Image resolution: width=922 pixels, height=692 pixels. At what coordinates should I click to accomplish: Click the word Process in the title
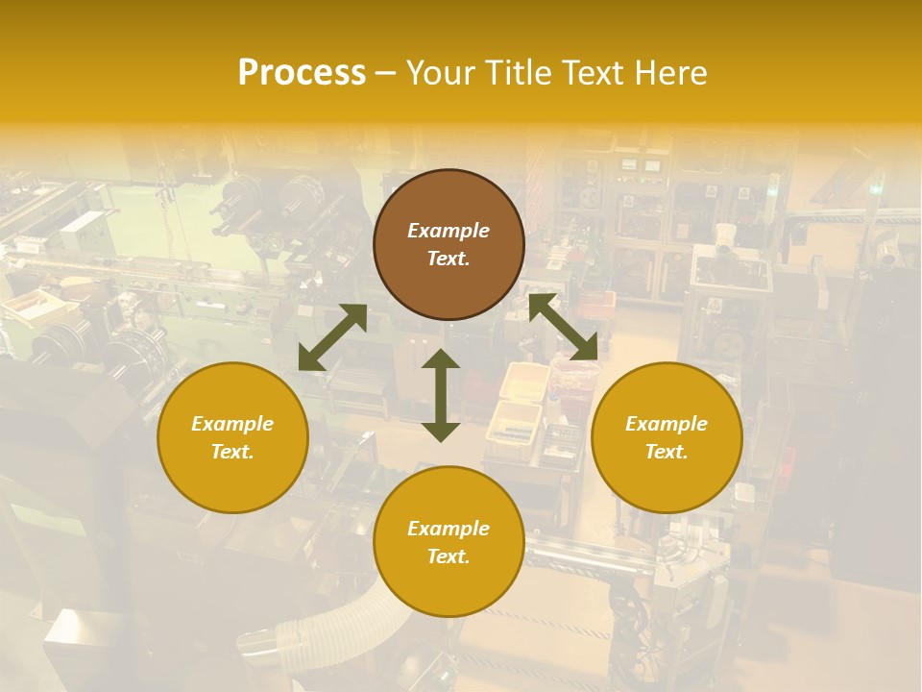(302, 73)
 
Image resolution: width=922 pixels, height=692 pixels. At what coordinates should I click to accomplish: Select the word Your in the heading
(441, 73)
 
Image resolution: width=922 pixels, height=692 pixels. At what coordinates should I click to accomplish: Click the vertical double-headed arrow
(441, 395)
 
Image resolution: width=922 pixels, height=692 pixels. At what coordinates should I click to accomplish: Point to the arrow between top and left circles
(332, 337)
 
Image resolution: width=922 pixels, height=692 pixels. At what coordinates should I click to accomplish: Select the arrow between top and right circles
(563, 327)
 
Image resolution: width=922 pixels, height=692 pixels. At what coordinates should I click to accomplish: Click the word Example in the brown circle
(449, 231)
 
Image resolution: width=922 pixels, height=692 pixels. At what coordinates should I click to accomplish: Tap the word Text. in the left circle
(232, 452)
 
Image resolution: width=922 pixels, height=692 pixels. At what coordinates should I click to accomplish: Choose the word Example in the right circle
(667, 424)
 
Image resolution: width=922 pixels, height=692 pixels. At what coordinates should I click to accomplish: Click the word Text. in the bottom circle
(449, 556)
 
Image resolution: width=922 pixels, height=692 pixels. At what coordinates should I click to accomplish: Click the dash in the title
(386, 73)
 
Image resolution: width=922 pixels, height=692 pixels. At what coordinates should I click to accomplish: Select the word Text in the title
(591, 73)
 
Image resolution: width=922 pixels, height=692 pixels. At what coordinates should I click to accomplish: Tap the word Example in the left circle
(232, 424)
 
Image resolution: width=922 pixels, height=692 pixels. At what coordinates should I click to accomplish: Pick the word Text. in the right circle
(667, 452)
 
